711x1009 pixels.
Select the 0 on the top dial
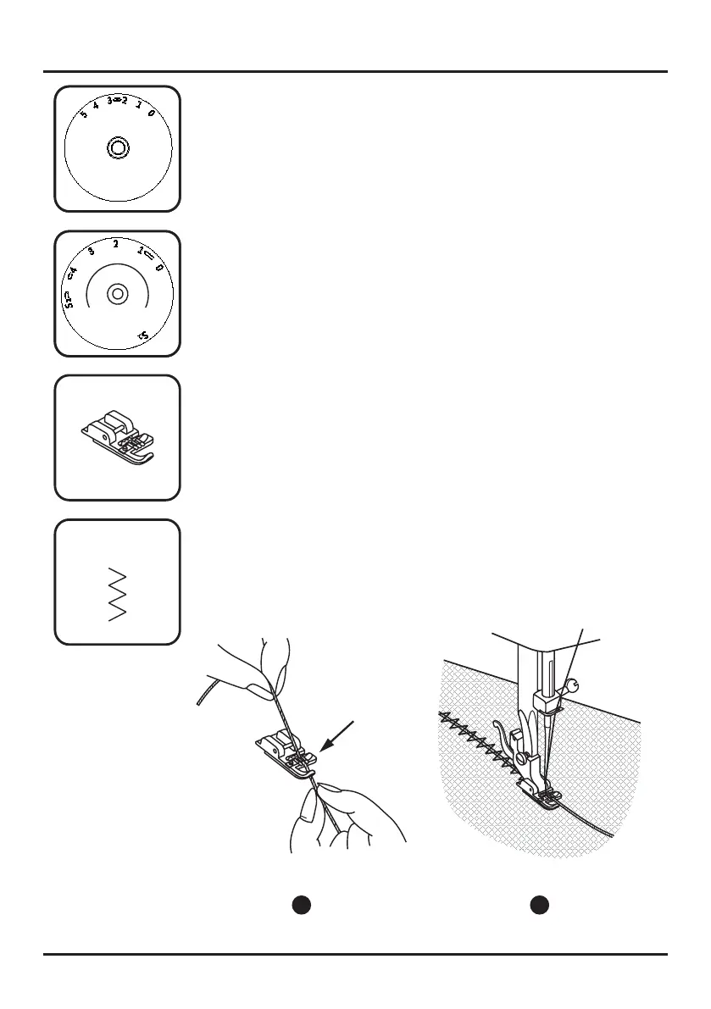click(x=151, y=113)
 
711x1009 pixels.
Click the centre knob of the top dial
click(x=118, y=148)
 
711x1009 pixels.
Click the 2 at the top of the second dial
click(x=115, y=243)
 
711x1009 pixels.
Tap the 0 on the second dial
click(x=158, y=268)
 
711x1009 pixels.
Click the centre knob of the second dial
click(x=117, y=294)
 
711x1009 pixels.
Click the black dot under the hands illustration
click(x=301, y=905)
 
